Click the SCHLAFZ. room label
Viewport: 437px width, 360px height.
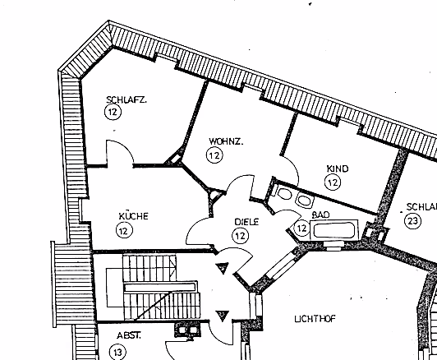click(126, 99)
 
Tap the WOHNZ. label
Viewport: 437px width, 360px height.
click(226, 141)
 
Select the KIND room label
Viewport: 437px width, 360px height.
click(338, 168)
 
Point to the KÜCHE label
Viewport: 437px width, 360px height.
click(134, 216)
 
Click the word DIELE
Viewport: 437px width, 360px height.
click(246, 222)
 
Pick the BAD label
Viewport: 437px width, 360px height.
click(321, 215)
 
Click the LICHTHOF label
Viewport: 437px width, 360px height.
click(315, 319)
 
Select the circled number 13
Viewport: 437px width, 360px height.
click(117, 353)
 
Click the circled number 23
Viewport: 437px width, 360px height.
click(412, 221)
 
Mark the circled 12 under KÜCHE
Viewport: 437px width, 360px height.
click(124, 230)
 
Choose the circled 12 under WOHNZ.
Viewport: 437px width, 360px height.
click(214, 155)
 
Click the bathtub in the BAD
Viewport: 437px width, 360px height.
click(333, 230)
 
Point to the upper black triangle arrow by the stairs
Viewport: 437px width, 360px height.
click(223, 268)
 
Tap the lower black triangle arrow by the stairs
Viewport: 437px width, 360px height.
click(223, 316)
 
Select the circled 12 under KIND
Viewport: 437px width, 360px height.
click(333, 182)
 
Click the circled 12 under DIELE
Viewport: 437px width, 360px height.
click(240, 236)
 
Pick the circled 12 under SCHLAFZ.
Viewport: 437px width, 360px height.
click(113, 112)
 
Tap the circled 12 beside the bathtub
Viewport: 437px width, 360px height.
click(301, 228)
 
